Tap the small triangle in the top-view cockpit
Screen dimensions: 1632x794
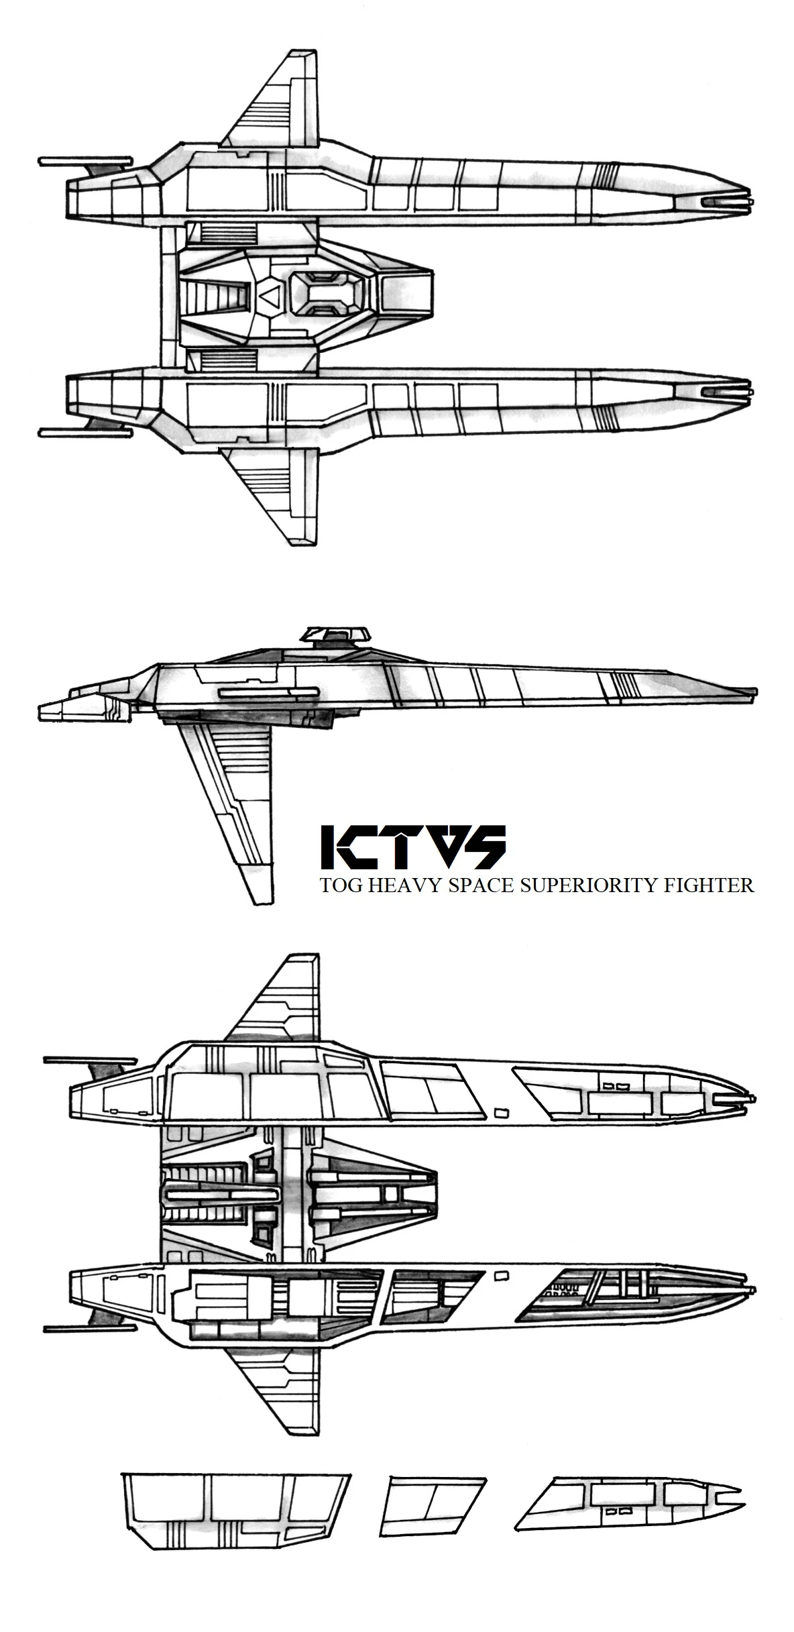(x=268, y=294)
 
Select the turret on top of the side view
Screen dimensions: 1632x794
(x=336, y=634)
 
